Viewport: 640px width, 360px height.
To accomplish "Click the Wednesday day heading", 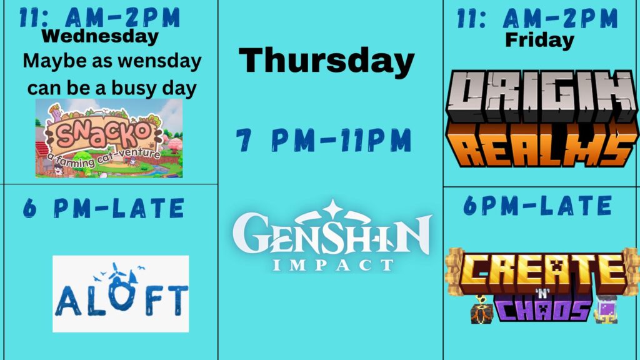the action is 100,36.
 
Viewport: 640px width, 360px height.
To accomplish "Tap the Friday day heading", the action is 539,40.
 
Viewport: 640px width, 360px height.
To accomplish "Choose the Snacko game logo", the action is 109,138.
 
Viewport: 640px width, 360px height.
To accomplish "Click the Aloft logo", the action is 121,294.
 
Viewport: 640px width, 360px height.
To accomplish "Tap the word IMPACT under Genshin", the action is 332,265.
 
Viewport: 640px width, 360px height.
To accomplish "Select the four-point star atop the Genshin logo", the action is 332,209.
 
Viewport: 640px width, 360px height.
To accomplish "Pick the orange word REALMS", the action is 542,144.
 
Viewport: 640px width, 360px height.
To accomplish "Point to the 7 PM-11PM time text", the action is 324,140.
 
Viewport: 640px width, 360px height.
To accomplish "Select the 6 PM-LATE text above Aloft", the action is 104,208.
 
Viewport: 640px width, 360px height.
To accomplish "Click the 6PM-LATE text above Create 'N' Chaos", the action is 537,205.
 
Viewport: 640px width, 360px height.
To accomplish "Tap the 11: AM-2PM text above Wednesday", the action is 99,17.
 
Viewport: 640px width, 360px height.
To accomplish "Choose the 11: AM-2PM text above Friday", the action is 537,18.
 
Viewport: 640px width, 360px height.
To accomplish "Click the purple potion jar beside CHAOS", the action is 606,309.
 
